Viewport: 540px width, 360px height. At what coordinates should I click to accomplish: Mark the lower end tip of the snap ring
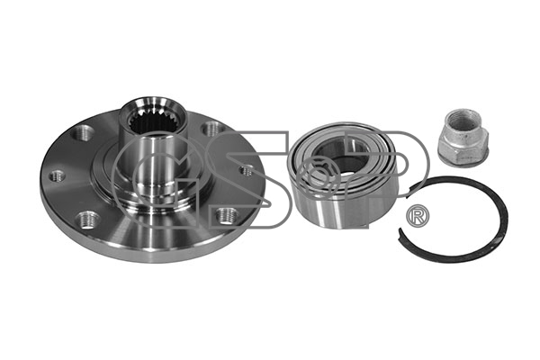tap(400, 230)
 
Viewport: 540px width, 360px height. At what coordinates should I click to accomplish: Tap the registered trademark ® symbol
tap(418, 216)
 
